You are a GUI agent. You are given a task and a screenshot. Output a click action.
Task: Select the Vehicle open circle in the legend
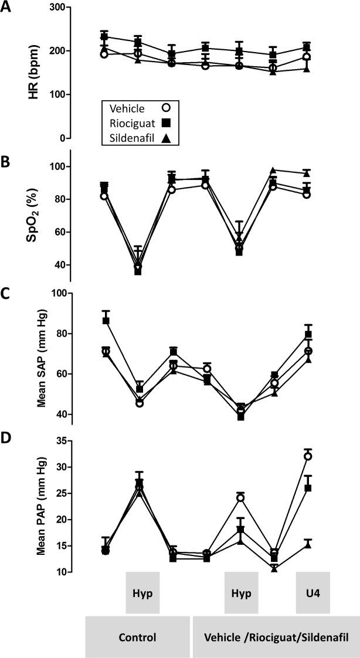coord(167,108)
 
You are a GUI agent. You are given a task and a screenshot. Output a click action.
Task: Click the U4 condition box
coord(313,592)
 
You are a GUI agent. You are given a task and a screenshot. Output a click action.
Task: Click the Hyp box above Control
coord(142,592)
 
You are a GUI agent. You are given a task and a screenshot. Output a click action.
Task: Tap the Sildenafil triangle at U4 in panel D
coord(307,544)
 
